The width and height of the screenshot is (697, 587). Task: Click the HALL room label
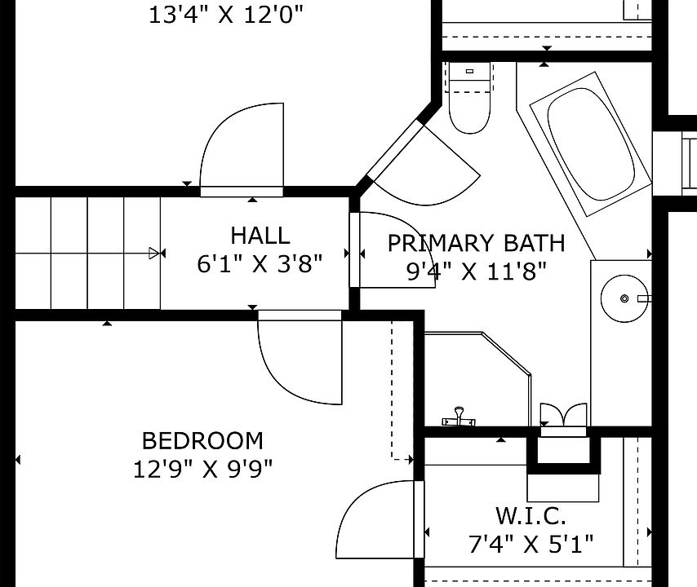[x=260, y=236]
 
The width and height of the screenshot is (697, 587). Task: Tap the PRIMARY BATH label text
[x=476, y=243]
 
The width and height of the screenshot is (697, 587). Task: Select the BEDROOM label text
[x=202, y=441]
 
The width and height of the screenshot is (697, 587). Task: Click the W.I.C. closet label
[x=531, y=515]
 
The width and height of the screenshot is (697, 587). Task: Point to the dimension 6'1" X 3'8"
[x=260, y=264]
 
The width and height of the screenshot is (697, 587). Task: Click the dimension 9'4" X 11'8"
[x=476, y=271]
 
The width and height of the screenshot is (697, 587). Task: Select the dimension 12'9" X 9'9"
[x=202, y=469]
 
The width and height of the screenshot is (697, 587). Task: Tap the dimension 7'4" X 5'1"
[x=531, y=544]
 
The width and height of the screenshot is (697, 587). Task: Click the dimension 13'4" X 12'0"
[x=225, y=15]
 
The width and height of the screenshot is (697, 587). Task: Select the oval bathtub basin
[x=591, y=143]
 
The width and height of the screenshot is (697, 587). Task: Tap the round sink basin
[x=624, y=298]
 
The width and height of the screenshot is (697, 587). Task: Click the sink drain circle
[x=624, y=298]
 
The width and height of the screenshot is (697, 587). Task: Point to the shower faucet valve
[x=459, y=417]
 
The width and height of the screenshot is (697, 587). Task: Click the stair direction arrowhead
[x=153, y=254]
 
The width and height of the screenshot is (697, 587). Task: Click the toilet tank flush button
[x=469, y=71]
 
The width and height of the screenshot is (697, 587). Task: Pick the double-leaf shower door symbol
[x=563, y=415]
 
